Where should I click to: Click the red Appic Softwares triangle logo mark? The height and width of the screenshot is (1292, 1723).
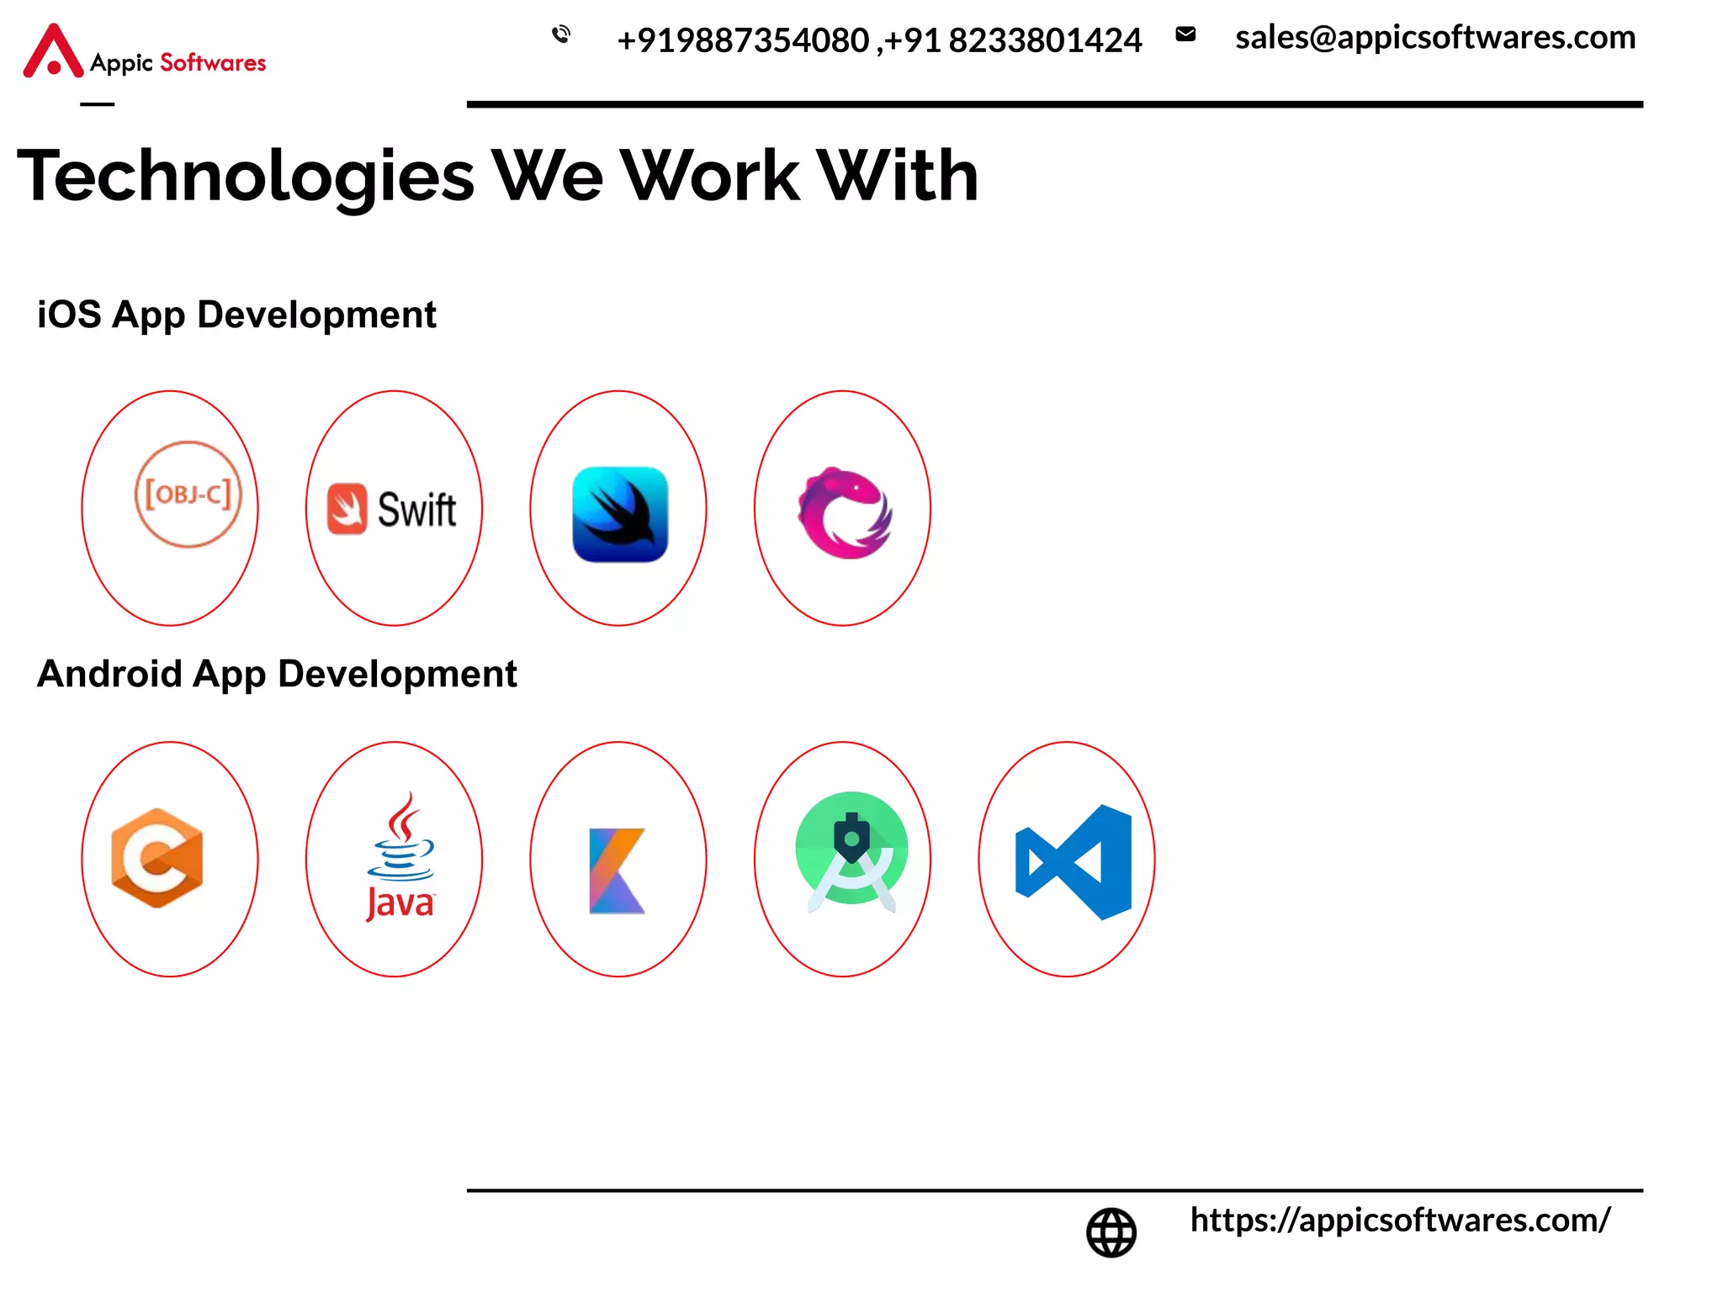(x=53, y=52)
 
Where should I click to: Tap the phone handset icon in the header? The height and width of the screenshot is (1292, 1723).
(x=561, y=34)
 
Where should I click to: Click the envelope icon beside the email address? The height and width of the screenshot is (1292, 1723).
(x=1185, y=34)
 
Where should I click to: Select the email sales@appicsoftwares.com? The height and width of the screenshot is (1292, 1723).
(x=1434, y=38)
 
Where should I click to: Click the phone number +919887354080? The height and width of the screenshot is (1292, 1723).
(x=743, y=40)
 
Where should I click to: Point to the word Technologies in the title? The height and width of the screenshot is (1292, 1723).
(x=246, y=177)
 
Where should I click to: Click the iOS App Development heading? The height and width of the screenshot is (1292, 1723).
(x=236, y=315)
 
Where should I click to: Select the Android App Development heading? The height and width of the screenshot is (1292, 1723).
(x=277, y=675)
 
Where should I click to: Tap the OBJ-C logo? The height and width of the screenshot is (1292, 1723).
(x=188, y=495)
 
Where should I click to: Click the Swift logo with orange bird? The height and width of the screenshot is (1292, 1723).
(x=393, y=510)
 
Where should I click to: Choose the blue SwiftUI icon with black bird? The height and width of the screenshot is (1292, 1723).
(x=620, y=514)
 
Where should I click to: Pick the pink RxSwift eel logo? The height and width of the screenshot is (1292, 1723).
(x=844, y=512)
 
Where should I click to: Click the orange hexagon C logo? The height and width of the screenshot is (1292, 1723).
(x=157, y=858)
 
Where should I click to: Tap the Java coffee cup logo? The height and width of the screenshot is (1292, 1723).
(x=400, y=857)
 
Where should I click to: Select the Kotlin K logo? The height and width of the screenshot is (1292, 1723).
(x=618, y=871)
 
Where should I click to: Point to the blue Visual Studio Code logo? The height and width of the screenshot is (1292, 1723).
(x=1074, y=862)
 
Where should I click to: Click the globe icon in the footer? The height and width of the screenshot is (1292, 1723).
(x=1111, y=1232)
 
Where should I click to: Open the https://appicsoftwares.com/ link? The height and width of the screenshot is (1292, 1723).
(x=1400, y=1221)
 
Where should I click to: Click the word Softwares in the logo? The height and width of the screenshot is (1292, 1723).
(x=213, y=63)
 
